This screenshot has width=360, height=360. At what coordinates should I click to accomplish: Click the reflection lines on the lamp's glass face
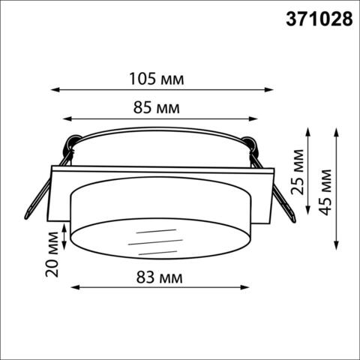pos(155,241)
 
